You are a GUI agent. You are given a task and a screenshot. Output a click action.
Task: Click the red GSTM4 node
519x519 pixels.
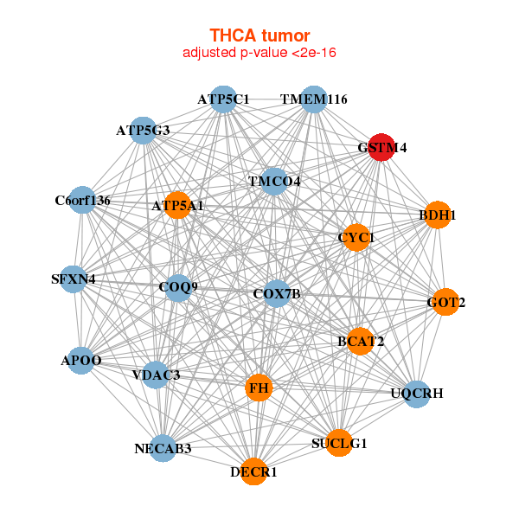(381, 147)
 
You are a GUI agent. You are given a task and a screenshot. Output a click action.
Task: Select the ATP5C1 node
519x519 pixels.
(223, 99)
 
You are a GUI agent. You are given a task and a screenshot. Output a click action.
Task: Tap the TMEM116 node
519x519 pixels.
(313, 99)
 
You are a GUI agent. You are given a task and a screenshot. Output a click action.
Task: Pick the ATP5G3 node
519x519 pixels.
(143, 131)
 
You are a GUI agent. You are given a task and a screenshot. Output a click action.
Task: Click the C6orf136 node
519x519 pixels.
(82, 201)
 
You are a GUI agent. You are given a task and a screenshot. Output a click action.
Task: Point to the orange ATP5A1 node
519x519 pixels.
(177, 206)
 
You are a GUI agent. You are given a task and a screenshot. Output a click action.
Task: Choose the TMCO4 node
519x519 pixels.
(274, 182)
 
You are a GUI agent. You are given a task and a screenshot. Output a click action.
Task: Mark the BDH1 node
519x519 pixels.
(438, 215)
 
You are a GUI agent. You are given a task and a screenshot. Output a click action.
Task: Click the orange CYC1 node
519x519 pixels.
(356, 237)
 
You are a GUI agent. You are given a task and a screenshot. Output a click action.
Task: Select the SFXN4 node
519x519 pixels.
(74, 279)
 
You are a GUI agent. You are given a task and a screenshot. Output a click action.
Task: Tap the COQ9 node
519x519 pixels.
(178, 286)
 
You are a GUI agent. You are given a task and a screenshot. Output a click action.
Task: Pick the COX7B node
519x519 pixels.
(277, 294)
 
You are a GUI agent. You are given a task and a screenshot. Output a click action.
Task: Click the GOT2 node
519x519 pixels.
(445, 303)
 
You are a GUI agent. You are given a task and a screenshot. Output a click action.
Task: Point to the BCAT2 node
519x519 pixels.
(361, 342)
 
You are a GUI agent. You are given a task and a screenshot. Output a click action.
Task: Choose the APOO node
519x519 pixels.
(81, 360)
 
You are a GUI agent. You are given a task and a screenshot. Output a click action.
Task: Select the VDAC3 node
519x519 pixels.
(157, 375)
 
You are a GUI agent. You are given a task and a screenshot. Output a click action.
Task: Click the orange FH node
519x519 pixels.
(259, 388)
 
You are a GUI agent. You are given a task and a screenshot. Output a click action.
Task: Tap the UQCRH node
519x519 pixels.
(417, 394)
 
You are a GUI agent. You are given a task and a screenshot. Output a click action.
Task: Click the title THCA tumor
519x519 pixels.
(259, 35)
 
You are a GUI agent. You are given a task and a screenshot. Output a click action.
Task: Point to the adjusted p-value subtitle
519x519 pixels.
(259, 53)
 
